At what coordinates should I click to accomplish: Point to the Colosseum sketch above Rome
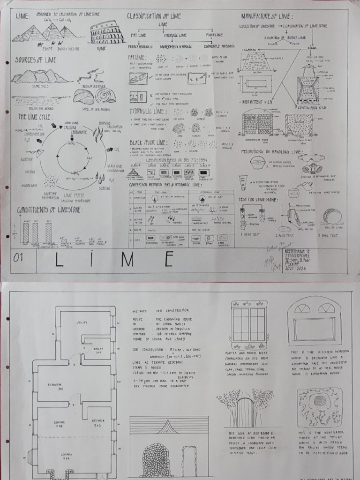[107, 33]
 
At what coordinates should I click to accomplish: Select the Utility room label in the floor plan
[82, 322]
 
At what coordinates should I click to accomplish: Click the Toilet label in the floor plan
[98, 350]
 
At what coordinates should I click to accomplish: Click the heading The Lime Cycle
[36, 116]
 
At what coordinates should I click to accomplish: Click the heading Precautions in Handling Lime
[272, 152]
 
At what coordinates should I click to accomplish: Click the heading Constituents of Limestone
[50, 210]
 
